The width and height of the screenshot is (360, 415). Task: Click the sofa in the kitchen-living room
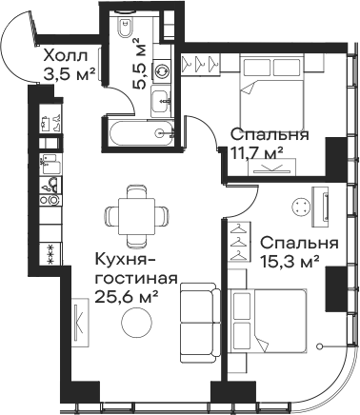tap(199, 319)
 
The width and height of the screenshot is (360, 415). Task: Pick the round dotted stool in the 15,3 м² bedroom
tap(302, 205)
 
